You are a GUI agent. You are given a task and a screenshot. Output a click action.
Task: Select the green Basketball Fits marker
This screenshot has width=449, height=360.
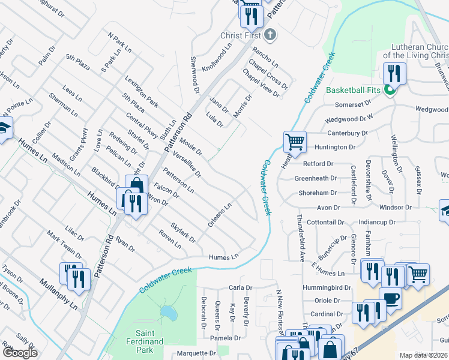[390, 91]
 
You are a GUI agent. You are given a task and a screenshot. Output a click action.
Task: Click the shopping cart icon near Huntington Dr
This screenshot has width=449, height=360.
[295, 142]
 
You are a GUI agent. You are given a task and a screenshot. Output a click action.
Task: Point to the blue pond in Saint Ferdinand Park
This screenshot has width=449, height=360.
[167, 312]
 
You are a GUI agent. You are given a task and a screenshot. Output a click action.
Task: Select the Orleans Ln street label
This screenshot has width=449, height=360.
[220, 214]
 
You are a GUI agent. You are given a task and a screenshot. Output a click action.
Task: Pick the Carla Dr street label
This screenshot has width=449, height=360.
[240, 287]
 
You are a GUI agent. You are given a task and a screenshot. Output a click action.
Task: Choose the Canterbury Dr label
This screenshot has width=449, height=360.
[348, 133]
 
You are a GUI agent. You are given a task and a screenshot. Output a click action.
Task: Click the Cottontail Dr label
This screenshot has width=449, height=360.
[324, 222]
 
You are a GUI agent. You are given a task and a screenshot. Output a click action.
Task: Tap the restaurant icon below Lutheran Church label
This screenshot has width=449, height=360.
[394, 73]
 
